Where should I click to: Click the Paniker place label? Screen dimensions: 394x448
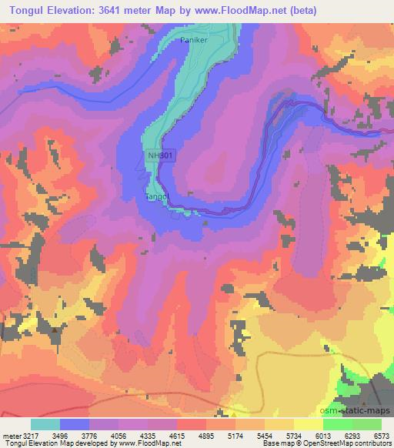(194, 39)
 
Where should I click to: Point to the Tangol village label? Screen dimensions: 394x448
(158, 197)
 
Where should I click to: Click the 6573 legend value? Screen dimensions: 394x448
(382, 435)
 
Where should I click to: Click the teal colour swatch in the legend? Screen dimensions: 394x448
(45, 424)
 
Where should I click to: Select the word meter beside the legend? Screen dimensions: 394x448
(10, 435)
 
